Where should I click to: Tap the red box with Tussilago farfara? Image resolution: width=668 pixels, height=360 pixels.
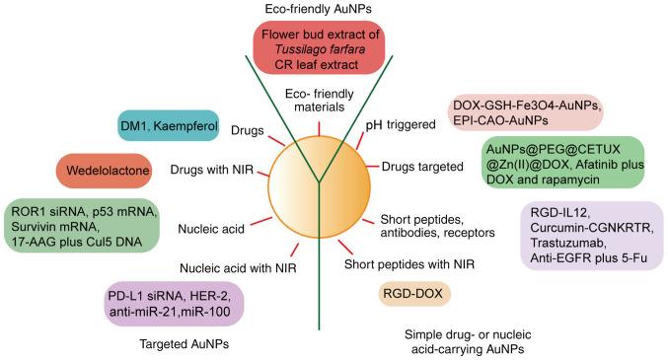317,49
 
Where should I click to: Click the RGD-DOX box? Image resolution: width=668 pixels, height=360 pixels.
415,293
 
